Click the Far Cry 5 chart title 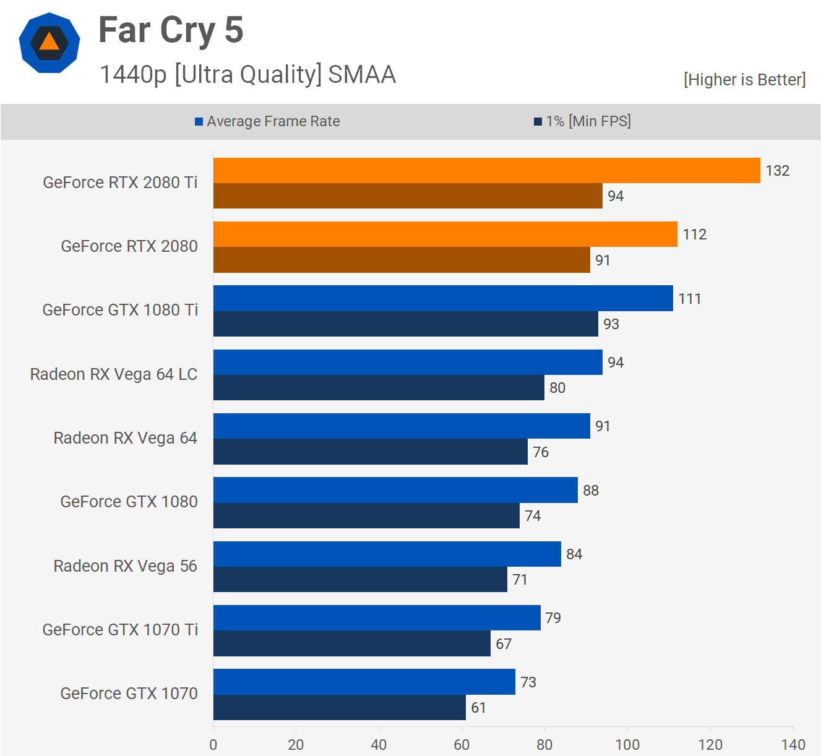pyautogui.click(x=171, y=30)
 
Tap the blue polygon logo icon pyautogui.click(x=49, y=43)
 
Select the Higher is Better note pyautogui.click(x=744, y=80)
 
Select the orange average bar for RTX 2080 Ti pyautogui.click(x=486, y=170)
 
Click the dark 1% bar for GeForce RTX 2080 pyautogui.click(x=402, y=260)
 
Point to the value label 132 pyautogui.click(x=777, y=171)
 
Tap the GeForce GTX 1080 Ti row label pyautogui.click(x=120, y=310)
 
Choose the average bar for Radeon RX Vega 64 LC pyautogui.click(x=408, y=362)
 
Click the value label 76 pyautogui.click(x=541, y=452)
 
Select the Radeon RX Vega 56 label pyautogui.click(x=125, y=566)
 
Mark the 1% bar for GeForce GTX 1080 pyautogui.click(x=366, y=516)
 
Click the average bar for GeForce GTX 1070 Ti pyautogui.click(x=377, y=617)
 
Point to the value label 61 pyautogui.click(x=478, y=708)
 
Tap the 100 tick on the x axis pyautogui.click(x=627, y=744)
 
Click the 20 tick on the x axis pyautogui.click(x=296, y=744)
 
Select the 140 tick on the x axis pyautogui.click(x=793, y=744)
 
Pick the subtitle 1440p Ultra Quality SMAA pyautogui.click(x=247, y=74)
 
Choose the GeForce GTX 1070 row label pyautogui.click(x=129, y=694)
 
